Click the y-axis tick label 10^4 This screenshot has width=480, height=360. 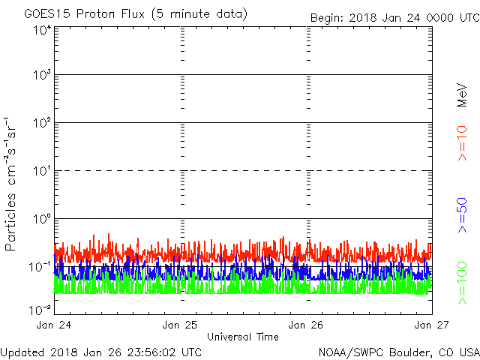coord(42,30)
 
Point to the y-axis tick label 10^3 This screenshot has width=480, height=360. coord(42,76)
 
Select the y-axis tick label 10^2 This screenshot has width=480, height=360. coord(42,124)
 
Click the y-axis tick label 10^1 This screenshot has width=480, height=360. coord(42,172)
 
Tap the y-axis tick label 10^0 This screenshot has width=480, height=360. coord(42,220)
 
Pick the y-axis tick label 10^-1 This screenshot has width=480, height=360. coord(40,267)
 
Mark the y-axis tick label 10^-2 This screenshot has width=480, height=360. coord(40,309)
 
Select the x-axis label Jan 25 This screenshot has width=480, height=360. coord(181,325)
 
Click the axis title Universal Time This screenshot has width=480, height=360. coord(242,337)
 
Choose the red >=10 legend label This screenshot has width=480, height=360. coord(463,143)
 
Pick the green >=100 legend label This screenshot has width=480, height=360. coord(463,281)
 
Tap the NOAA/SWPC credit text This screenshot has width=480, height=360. coord(398,352)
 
